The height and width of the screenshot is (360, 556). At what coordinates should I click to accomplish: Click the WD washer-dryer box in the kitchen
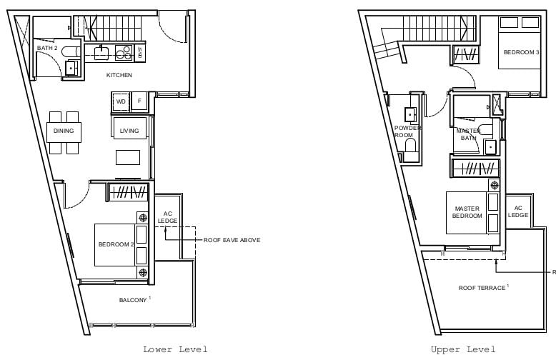point(121,101)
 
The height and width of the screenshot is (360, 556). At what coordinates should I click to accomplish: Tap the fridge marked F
point(139,101)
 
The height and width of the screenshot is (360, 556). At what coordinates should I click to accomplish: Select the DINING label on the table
point(64,131)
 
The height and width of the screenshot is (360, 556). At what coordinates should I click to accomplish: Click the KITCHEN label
point(119,75)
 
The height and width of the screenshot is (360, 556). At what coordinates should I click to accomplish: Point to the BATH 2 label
point(47,48)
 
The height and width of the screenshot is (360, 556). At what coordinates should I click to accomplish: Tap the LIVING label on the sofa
point(129,131)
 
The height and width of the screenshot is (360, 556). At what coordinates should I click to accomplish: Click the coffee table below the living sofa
point(128,157)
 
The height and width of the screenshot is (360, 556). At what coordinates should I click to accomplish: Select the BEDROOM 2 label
point(116,244)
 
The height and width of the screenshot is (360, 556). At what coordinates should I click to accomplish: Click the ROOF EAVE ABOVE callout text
point(232,240)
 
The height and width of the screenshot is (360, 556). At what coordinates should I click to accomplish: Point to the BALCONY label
point(133,300)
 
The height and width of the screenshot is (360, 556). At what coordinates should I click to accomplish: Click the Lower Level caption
point(175,349)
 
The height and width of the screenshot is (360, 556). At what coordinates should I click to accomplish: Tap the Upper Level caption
point(463,349)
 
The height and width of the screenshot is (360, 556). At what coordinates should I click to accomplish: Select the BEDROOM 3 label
point(522,52)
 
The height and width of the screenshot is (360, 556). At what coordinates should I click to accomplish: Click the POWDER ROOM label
point(408,131)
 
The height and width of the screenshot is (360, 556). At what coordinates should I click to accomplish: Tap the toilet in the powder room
point(411,149)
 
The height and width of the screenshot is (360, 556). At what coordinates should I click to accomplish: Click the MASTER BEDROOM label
point(467,212)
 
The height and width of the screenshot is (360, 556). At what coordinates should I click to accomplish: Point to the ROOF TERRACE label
point(482,288)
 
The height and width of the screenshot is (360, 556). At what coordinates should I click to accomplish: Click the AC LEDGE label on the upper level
point(518,211)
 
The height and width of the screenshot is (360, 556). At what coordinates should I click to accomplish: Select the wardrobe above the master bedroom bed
point(475,168)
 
